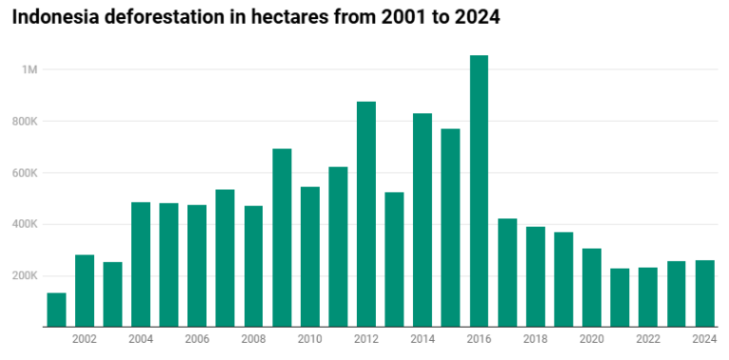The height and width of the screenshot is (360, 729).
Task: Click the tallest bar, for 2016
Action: coord(479,191)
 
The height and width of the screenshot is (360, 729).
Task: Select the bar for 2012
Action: coord(366,214)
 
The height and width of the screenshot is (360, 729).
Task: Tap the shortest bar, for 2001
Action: coord(56,310)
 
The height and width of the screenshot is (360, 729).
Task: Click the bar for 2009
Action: coord(282,237)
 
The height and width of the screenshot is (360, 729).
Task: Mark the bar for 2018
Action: coord(535,276)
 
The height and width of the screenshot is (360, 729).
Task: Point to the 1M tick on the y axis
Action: coord(28,70)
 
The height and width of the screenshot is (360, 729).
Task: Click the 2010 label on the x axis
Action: coord(309,339)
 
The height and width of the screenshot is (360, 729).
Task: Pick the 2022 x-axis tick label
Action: coord(648,339)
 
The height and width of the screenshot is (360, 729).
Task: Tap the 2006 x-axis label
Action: coord(196,339)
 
